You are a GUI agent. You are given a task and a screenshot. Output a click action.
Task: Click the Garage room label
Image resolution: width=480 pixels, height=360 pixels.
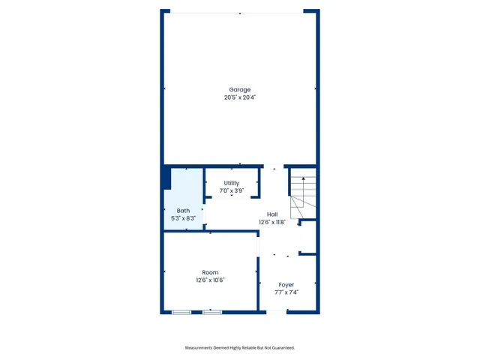(240, 90)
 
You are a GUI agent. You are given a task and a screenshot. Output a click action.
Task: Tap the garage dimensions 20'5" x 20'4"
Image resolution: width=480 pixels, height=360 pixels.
(240, 97)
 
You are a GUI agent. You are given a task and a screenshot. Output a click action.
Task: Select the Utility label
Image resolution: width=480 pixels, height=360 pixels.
(232, 183)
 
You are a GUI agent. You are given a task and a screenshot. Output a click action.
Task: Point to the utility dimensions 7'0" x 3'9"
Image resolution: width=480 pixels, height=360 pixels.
(232, 190)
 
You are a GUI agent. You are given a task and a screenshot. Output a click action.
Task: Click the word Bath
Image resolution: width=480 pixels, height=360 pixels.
(183, 211)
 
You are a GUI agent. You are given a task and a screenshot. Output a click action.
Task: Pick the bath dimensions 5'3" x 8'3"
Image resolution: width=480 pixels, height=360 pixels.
(183, 218)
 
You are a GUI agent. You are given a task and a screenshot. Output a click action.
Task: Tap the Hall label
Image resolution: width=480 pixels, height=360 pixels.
(272, 214)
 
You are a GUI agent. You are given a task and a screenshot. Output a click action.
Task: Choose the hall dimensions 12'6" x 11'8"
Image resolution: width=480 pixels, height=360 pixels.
(272, 222)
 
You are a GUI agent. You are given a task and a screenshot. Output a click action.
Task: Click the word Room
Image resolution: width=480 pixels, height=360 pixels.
(210, 272)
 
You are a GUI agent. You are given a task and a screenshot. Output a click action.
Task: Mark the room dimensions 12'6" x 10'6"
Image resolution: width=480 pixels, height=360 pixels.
(210, 280)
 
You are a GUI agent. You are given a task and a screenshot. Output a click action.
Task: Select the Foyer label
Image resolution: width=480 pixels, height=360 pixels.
(286, 285)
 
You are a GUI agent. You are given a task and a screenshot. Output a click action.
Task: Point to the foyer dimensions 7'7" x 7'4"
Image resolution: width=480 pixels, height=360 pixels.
(286, 292)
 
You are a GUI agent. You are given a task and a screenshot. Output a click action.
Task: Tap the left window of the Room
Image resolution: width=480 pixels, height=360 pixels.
(181, 311)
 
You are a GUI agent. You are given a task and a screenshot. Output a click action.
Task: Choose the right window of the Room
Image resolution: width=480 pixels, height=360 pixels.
(212, 311)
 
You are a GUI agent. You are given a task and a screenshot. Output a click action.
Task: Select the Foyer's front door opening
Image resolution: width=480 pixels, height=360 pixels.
(277, 312)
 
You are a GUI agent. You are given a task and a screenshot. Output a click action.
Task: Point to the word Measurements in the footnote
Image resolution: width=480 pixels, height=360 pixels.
(201, 347)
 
